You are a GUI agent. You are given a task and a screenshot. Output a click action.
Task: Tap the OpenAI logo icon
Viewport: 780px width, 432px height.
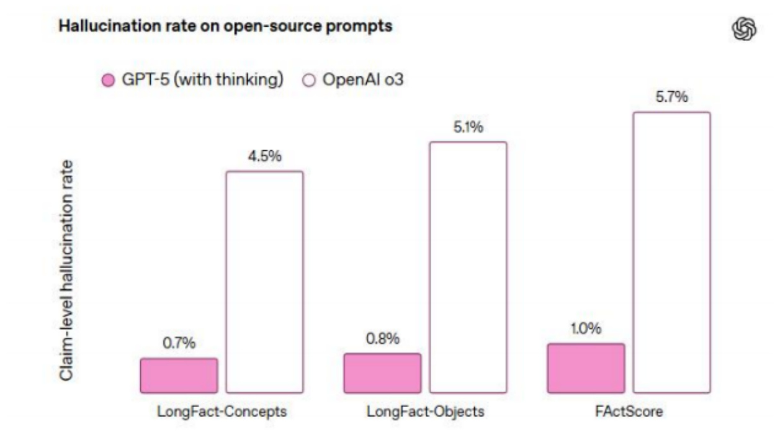click(745, 29)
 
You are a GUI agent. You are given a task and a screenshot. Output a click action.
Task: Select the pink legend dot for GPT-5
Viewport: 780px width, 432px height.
click(108, 81)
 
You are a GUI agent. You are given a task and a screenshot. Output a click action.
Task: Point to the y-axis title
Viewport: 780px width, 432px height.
click(66, 269)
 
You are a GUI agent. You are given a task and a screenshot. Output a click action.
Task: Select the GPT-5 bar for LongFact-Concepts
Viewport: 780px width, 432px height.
click(179, 376)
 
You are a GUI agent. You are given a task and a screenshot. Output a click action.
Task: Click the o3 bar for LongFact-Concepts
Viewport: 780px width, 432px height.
click(264, 282)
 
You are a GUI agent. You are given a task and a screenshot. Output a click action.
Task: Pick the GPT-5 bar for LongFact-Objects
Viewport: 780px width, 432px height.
click(382, 373)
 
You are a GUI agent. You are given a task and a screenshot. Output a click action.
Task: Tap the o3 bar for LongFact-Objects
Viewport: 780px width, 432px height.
click(468, 268)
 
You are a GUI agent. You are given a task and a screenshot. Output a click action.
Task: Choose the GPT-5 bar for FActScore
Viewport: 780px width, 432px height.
click(586, 368)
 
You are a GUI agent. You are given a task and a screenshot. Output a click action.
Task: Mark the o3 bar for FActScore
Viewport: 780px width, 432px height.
click(671, 252)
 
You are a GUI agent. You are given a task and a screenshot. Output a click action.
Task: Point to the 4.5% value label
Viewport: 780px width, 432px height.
click(264, 157)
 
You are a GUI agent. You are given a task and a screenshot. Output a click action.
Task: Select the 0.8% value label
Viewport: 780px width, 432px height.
click(382, 340)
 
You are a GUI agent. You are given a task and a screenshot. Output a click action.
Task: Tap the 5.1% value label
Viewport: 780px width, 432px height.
click(468, 128)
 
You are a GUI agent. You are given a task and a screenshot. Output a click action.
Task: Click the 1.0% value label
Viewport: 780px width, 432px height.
click(586, 330)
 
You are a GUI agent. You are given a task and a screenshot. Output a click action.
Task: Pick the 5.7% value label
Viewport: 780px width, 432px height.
click(671, 98)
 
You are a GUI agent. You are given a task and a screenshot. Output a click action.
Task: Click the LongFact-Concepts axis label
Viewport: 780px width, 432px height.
click(222, 412)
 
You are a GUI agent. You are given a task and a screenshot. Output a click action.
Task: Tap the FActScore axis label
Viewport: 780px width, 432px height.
click(628, 412)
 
